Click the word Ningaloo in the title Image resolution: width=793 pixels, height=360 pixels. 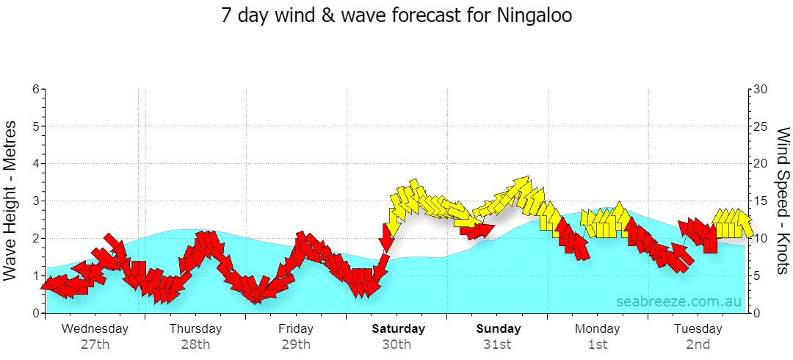click(535, 15)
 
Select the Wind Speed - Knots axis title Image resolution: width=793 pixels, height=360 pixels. click(783, 201)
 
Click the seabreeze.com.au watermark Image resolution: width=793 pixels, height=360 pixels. click(678, 301)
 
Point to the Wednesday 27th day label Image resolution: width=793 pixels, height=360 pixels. click(95, 336)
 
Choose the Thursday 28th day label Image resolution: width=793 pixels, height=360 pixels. click(196, 336)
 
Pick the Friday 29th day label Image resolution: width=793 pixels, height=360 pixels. click(296, 336)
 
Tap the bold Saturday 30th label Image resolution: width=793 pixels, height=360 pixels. click(399, 336)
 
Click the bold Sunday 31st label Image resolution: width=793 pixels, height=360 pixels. click(499, 336)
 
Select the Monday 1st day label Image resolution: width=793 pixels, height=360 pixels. click(597, 336)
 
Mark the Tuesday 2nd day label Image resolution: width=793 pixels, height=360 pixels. click(698, 336)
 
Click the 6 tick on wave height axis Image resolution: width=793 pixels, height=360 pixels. click(35, 89)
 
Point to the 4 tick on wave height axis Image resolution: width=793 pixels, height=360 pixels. click(35, 164)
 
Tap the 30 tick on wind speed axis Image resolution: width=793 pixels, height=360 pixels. click(761, 89)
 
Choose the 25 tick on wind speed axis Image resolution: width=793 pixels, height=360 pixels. click(761, 126)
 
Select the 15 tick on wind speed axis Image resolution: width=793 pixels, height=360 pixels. click(761, 201)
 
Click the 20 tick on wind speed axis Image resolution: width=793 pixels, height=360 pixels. click(761, 164)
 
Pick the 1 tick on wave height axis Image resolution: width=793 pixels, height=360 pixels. click(35, 276)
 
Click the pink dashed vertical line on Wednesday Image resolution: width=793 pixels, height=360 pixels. click(138, 201)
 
